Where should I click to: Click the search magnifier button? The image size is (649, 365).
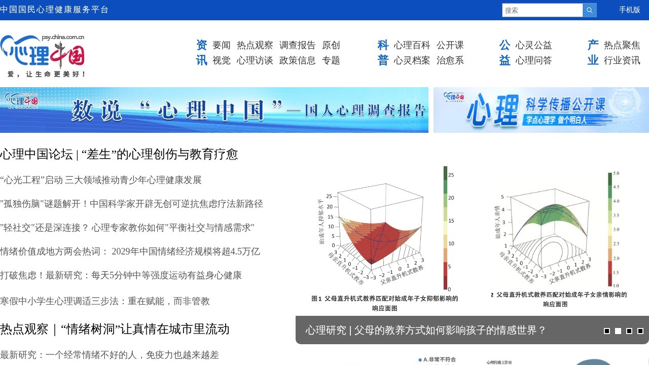[590, 10]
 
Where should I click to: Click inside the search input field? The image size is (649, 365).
[542, 10]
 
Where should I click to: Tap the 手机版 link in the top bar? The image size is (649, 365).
[629, 10]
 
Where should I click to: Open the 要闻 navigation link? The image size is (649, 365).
[222, 45]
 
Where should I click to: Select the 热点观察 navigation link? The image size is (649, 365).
[255, 45]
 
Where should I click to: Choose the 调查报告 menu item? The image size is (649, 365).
[297, 45]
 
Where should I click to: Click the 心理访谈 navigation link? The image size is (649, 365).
[255, 60]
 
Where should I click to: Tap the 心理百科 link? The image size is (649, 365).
[412, 45]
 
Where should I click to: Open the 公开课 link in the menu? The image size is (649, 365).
[450, 45]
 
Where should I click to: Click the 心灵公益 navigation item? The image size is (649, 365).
[533, 45]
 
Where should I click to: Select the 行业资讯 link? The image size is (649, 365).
[622, 60]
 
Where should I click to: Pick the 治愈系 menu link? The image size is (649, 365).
[450, 60]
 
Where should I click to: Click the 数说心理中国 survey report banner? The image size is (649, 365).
[214, 110]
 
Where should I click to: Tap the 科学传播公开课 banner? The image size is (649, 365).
[541, 110]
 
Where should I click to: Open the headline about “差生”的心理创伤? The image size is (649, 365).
[119, 154]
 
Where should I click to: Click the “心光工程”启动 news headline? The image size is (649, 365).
[101, 180]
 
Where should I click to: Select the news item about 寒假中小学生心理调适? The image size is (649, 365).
[105, 301]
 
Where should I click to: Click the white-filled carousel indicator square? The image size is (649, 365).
[618, 331]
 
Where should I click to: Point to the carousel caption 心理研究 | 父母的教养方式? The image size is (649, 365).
[425, 331]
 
